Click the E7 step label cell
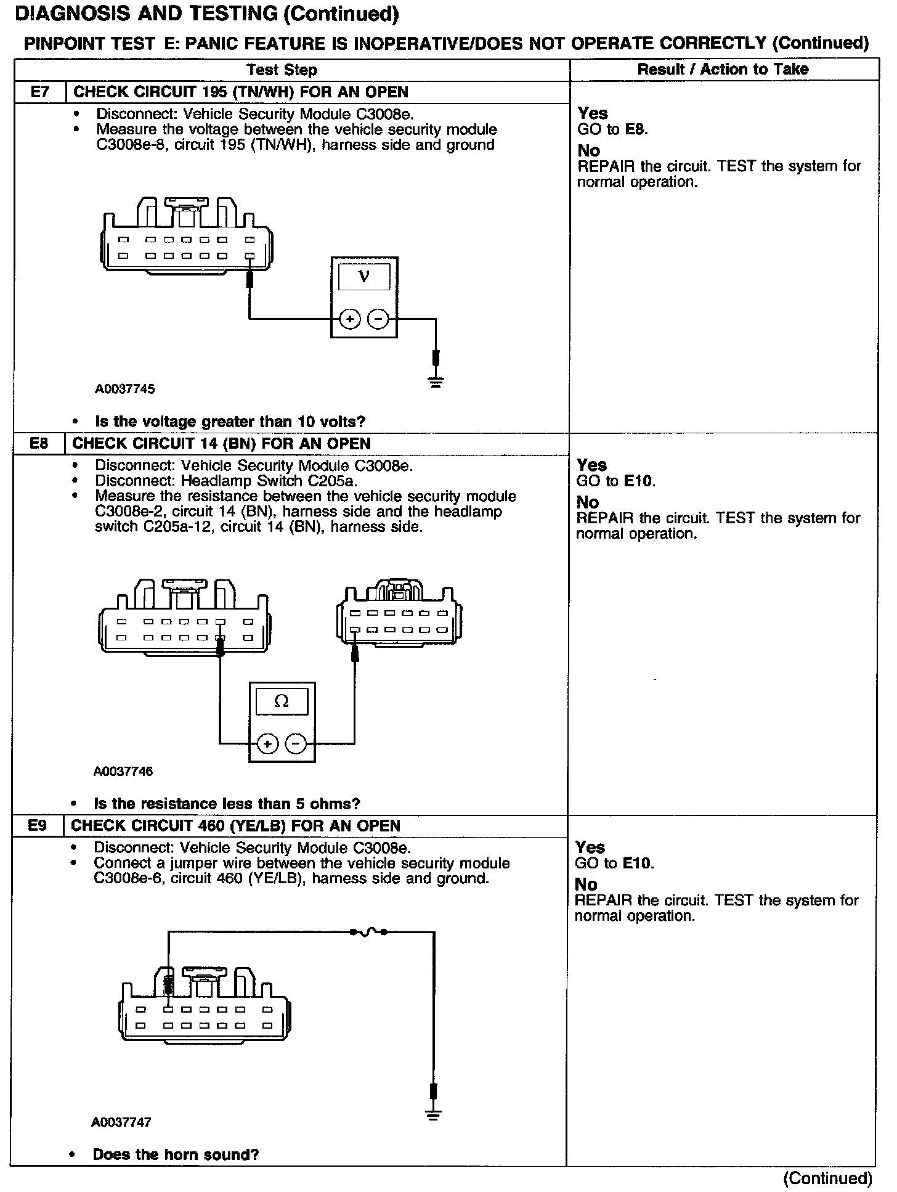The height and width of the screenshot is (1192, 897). [39, 92]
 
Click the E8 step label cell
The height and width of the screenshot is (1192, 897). [39, 444]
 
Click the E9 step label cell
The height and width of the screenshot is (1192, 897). [38, 826]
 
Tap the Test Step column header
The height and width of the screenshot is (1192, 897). [282, 70]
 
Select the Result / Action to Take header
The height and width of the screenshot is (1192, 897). [723, 69]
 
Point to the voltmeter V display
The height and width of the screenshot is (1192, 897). [364, 276]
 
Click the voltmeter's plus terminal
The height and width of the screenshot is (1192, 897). [349, 319]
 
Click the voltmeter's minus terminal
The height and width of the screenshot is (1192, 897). [378, 319]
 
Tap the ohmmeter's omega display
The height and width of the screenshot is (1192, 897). [282, 701]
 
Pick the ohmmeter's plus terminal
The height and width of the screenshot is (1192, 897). [267, 744]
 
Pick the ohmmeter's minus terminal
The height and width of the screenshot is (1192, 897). [296, 744]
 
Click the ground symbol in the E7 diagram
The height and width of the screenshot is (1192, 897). [436, 382]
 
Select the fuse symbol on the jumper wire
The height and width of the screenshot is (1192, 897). [368, 933]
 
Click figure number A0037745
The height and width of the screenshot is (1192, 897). [124, 389]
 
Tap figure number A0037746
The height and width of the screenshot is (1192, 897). [123, 771]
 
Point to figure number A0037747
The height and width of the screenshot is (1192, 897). [121, 1122]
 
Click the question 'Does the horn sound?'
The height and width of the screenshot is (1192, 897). [176, 1154]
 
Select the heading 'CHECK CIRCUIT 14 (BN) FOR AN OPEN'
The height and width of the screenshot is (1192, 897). [222, 444]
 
